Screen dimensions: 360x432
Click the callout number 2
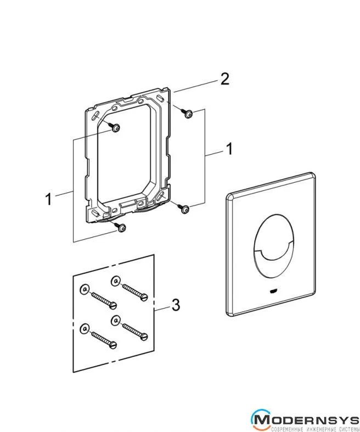pos(225,79)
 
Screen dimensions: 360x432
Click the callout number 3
pos(176,305)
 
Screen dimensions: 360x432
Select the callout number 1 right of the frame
pos(229,149)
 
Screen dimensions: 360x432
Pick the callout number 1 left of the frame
pos(48,199)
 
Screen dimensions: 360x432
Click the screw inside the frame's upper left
pos(115,127)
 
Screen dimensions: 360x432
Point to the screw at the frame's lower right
pos(183,209)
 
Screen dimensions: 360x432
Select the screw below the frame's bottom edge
pos(120,227)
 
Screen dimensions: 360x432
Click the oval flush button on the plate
pos(274,244)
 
